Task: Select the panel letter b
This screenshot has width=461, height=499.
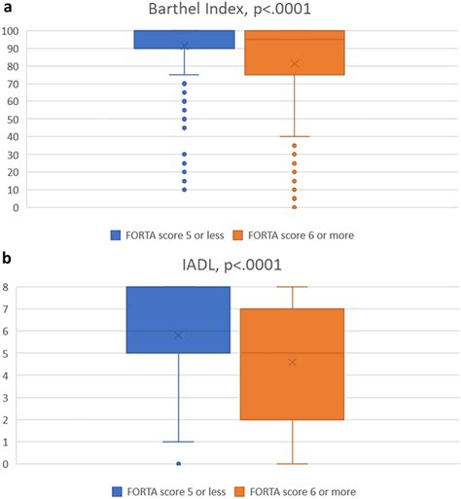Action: point(8,260)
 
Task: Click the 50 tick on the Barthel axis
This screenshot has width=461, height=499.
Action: point(14,119)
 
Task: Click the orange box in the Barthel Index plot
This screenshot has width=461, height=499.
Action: point(294,53)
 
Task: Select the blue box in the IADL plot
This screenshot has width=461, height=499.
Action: point(178,320)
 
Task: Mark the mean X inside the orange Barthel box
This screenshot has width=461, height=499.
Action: point(294,64)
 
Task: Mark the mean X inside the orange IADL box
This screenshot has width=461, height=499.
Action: point(293,362)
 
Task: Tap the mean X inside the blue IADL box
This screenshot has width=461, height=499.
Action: point(178,335)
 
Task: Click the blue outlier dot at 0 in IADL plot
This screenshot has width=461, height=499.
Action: point(178,464)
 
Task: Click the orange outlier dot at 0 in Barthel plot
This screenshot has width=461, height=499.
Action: point(294,207)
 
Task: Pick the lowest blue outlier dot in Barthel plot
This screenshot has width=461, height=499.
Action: point(184,189)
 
